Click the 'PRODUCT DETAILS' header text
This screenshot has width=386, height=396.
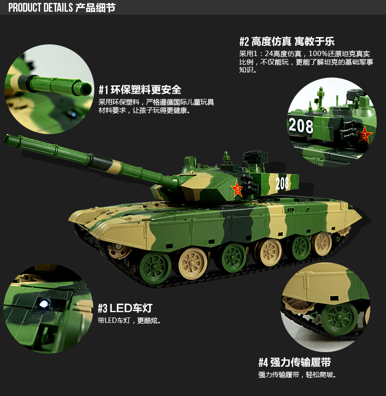(x=41, y=8)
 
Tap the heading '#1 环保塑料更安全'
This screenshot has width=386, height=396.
(x=140, y=90)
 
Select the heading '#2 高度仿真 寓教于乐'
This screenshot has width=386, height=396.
(x=287, y=41)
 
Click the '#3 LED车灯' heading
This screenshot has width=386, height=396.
(x=125, y=308)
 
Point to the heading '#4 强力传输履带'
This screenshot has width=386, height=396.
(x=295, y=362)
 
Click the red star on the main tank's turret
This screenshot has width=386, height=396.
(x=237, y=189)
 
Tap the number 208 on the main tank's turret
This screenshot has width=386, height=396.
(x=282, y=183)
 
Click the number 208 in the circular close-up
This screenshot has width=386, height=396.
(x=301, y=125)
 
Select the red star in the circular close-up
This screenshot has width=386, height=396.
(x=364, y=135)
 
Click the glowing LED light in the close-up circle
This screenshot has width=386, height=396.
(x=44, y=304)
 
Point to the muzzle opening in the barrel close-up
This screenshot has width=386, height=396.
(x=87, y=89)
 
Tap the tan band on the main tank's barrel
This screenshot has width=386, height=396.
(x=116, y=167)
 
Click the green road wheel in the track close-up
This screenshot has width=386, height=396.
(x=340, y=319)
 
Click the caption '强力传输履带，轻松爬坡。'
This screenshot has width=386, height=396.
(x=298, y=375)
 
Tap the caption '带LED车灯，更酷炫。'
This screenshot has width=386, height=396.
(x=129, y=320)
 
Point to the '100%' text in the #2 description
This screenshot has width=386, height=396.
(x=318, y=54)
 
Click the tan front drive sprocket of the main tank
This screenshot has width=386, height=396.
(x=119, y=250)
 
